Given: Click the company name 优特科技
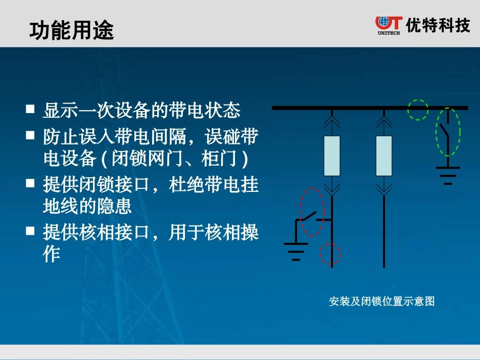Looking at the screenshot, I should coord(438,25).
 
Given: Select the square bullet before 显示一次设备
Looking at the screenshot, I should coord(30,109).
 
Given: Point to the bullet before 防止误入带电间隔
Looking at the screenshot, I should coord(30,135).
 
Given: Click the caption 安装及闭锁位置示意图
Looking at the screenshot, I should coord(381,301).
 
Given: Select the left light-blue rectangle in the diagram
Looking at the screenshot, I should coord(332,156).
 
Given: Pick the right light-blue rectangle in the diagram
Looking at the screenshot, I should coord(384,156).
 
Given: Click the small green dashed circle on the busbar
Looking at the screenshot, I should coord(418,110).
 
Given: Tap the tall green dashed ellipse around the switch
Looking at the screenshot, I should coord(448,132).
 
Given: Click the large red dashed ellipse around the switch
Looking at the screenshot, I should coord(311,212).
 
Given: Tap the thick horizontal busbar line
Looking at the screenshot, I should coord(354,108).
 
